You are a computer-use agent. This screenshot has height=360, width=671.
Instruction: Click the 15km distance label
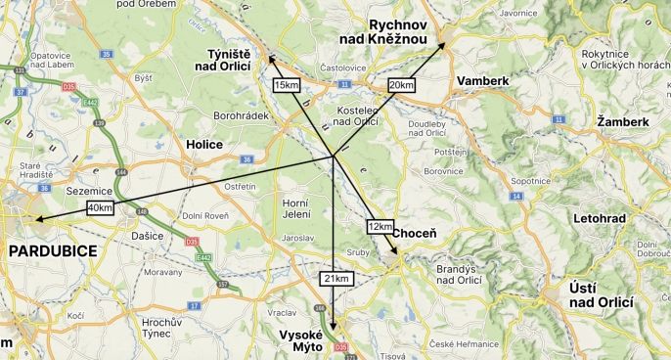287,85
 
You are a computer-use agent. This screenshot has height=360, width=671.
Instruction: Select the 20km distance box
401,84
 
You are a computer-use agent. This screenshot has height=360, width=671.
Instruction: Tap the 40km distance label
100,207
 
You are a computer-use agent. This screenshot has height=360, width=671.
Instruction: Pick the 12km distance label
380,226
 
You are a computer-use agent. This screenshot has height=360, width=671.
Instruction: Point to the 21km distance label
335,279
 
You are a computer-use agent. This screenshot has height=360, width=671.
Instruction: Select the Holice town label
204,145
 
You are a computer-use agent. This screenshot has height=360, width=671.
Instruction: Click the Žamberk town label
622,121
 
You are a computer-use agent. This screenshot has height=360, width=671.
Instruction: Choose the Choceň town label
415,234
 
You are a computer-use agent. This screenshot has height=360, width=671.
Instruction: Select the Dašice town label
147,236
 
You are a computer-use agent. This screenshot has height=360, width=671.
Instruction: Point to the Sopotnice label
531,181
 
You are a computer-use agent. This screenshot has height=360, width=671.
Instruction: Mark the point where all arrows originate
335,157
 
